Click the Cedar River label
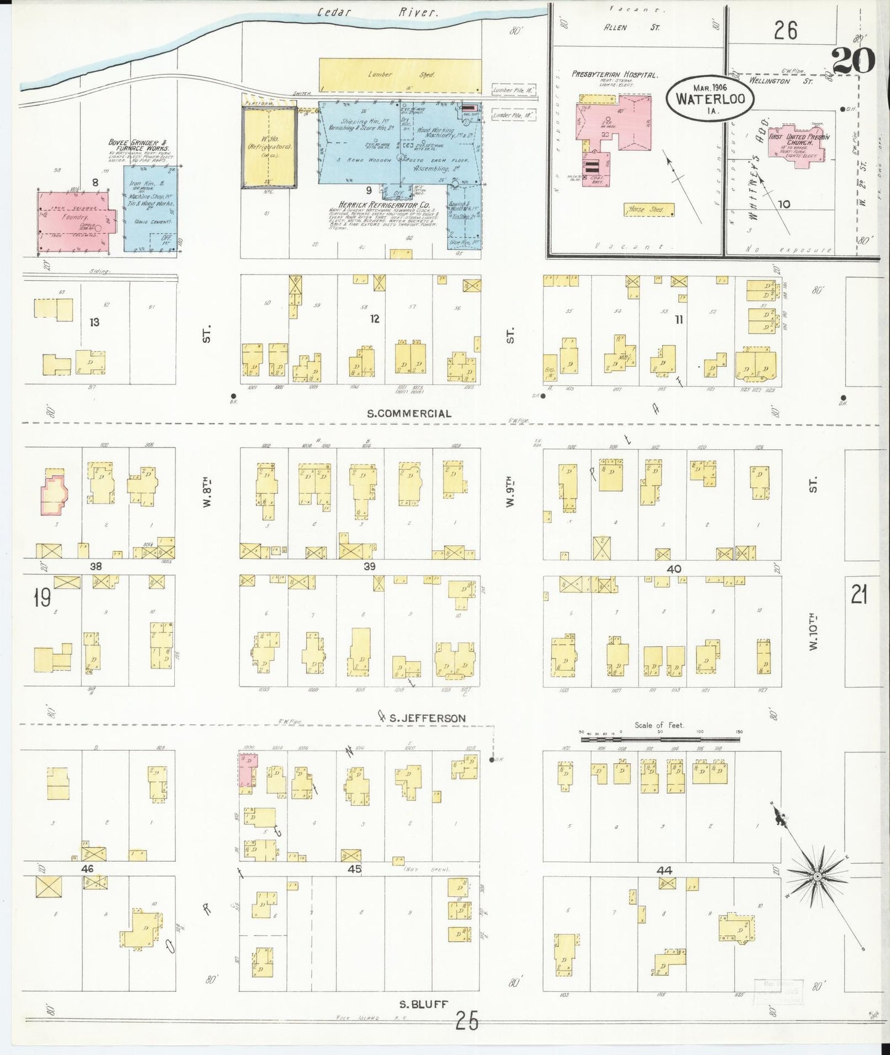(378, 12)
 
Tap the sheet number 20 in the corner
(853, 60)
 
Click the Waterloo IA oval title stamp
(710, 98)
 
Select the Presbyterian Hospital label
(614, 74)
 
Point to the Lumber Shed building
(400, 74)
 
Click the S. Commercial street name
(408, 414)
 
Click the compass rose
(817, 876)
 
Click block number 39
(369, 566)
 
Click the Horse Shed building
(648, 209)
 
